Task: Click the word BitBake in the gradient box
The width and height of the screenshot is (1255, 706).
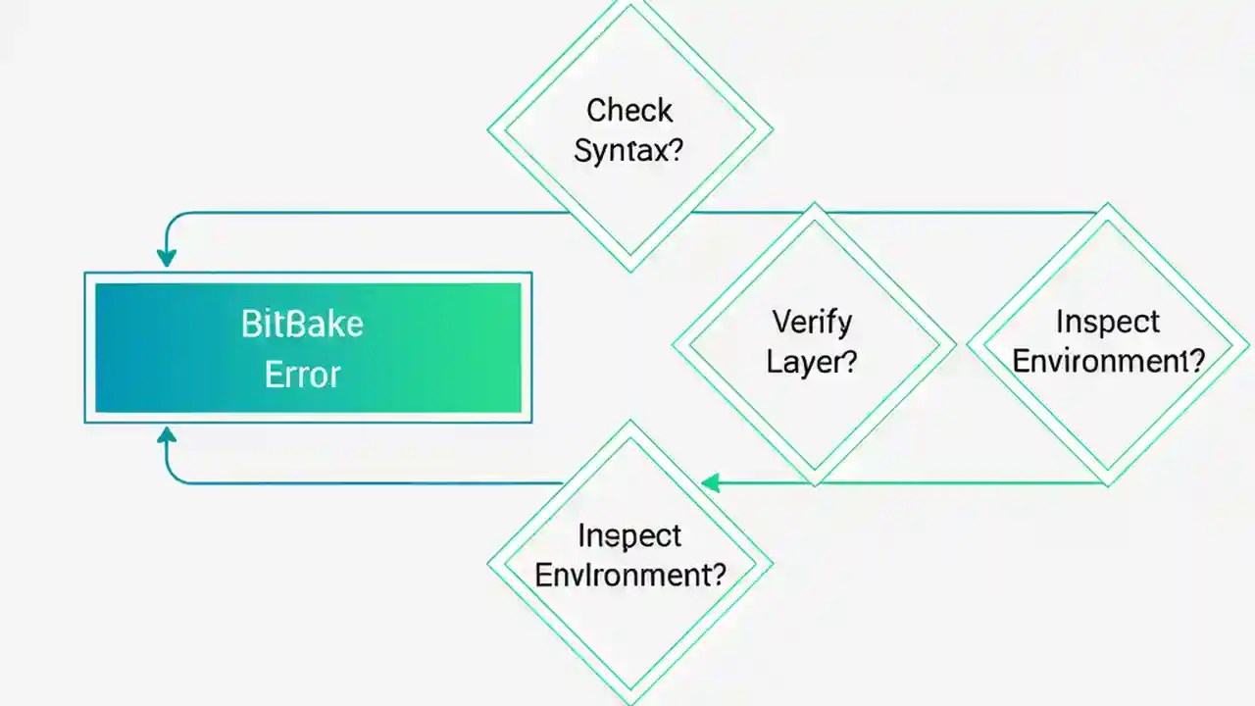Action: click(x=302, y=325)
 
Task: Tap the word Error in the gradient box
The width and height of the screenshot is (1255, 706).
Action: click(x=302, y=375)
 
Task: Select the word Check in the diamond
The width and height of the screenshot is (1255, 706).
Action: click(x=629, y=110)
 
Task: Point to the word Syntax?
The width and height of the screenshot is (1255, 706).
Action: click(x=628, y=151)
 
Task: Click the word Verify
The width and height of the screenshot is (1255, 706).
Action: click(x=812, y=322)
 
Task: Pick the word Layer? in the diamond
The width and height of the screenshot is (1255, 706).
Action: click(x=812, y=362)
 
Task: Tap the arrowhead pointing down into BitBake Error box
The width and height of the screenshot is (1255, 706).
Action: click(x=167, y=257)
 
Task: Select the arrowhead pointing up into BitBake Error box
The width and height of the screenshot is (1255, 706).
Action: click(x=167, y=436)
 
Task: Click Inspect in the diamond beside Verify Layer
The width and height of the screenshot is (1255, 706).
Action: click(x=1108, y=322)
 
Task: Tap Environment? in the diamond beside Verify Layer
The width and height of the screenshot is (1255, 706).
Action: click(x=1108, y=362)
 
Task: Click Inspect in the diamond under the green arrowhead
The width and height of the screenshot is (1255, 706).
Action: click(x=629, y=535)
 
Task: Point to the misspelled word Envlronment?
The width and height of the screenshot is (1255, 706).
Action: click(x=629, y=575)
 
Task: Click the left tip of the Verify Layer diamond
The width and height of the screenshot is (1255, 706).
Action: click(x=673, y=344)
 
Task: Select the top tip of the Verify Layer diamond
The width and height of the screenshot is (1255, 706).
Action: click(x=814, y=203)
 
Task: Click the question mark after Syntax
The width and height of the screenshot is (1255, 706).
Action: click(x=675, y=152)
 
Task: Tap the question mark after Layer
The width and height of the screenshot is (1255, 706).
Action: click(x=849, y=362)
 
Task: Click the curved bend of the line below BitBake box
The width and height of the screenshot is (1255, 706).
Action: click(x=173, y=477)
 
